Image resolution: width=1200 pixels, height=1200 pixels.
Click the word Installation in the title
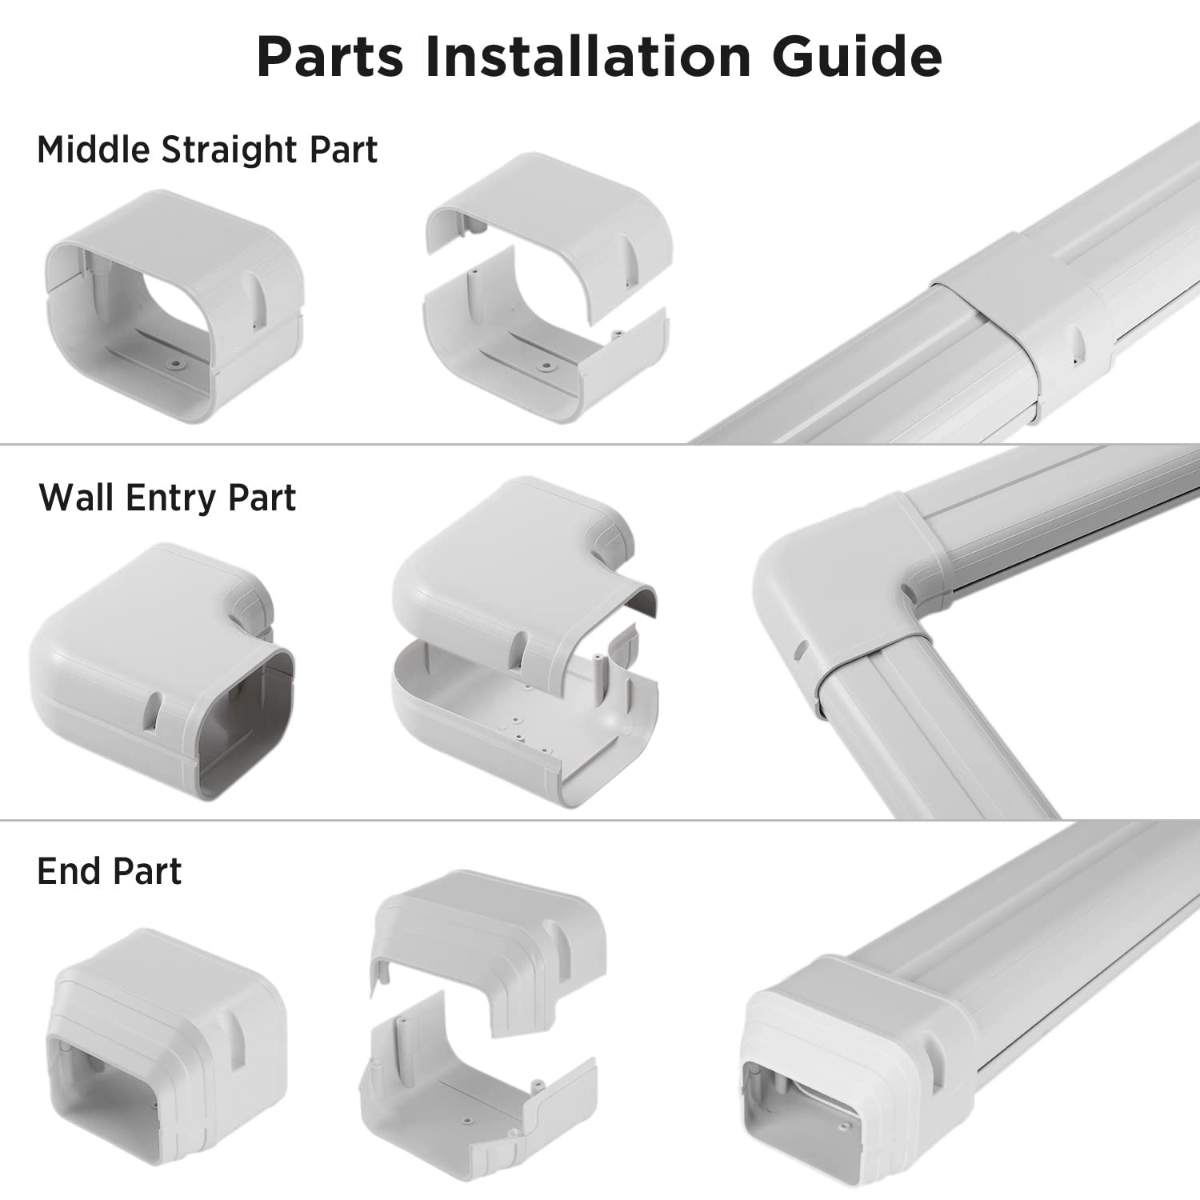pos(588,56)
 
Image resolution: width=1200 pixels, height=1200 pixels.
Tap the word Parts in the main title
pos(330,56)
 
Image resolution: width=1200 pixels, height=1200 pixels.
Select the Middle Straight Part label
pos(207,150)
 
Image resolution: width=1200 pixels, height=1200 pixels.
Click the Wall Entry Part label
pos(167,498)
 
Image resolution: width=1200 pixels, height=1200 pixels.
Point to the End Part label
pos(110,871)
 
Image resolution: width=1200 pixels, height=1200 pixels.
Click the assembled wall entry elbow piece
pos(160,672)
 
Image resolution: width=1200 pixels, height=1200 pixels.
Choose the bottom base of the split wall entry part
pos(520,728)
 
